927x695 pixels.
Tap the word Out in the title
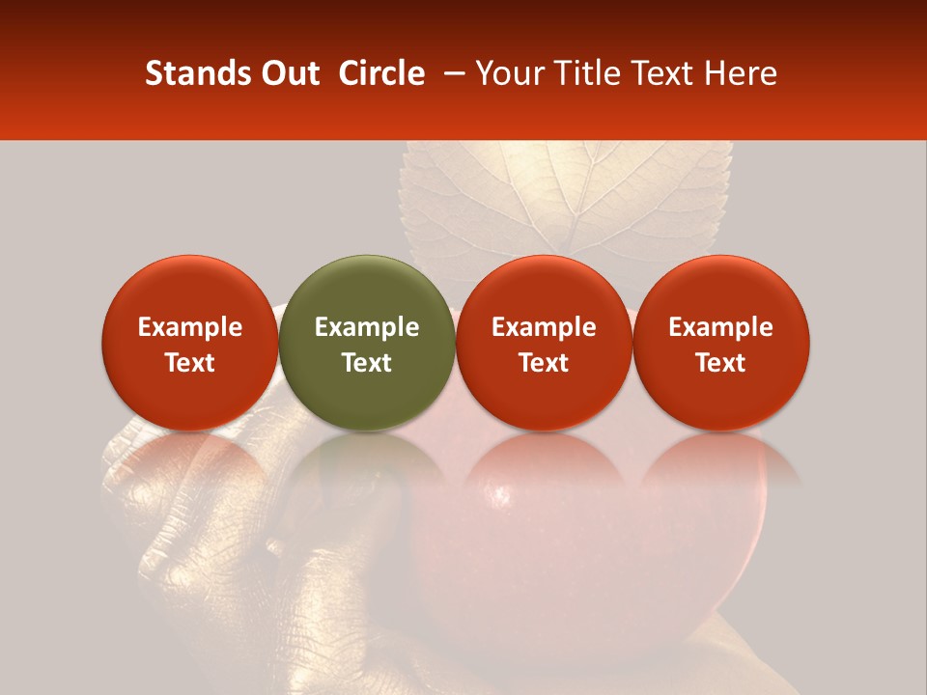(x=287, y=73)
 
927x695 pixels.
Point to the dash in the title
(x=451, y=73)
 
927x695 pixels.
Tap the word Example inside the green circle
(x=367, y=327)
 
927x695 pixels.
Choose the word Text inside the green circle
(x=367, y=363)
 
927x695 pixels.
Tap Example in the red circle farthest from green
(x=721, y=327)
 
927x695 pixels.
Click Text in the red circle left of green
(x=190, y=363)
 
